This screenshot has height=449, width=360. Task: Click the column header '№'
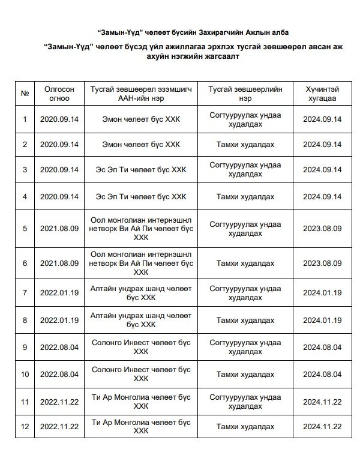[x=25, y=93]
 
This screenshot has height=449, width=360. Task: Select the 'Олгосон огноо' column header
[x=58, y=93]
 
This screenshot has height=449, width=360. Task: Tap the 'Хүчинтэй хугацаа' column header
[x=322, y=93]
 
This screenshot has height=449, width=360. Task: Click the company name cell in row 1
[x=142, y=119]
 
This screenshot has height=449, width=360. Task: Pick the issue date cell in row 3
[x=58, y=170]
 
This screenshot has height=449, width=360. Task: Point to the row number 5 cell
[x=25, y=229]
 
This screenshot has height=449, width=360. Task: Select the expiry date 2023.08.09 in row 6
[x=322, y=264]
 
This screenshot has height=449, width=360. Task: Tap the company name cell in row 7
[x=142, y=292]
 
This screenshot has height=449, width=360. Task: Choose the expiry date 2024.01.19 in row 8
[x=322, y=320]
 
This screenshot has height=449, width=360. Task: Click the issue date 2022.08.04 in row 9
[x=58, y=347]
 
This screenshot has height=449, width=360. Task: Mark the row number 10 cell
[x=25, y=375]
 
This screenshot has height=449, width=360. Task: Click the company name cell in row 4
[x=142, y=196]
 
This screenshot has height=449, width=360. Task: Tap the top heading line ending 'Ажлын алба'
[x=179, y=31]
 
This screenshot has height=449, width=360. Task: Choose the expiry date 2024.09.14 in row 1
[x=322, y=119]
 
